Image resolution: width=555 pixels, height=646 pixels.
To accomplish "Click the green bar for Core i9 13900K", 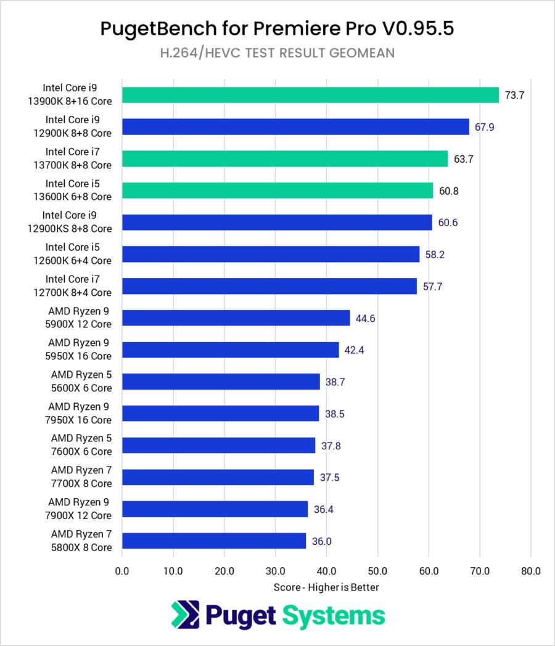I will [310, 95].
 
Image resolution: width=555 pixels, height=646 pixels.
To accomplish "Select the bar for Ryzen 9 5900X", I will [236, 318].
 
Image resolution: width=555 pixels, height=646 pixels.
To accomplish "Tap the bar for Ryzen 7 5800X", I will [214, 541].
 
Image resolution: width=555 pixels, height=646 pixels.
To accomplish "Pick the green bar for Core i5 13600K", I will [277, 190].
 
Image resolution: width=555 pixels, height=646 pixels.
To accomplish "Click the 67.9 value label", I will [484, 127].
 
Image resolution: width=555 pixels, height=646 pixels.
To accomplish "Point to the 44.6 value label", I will [365, 318].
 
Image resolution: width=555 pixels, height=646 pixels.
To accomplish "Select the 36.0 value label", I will [321, 541].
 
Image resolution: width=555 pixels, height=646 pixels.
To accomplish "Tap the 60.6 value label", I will [447, 223].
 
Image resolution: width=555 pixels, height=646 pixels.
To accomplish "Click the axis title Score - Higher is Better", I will [326, 587].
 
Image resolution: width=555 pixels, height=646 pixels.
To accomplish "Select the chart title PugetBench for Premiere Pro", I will [277, 28].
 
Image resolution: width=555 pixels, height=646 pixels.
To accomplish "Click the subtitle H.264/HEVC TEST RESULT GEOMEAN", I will [277, 54].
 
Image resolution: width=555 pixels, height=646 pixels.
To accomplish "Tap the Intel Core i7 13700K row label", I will [78, 158].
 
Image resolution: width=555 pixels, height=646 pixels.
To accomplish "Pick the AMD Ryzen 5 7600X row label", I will [81, 445].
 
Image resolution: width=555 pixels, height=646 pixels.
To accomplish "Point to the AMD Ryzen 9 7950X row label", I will [80, 413].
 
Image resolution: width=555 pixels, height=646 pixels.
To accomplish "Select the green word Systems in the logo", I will [334, 615].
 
